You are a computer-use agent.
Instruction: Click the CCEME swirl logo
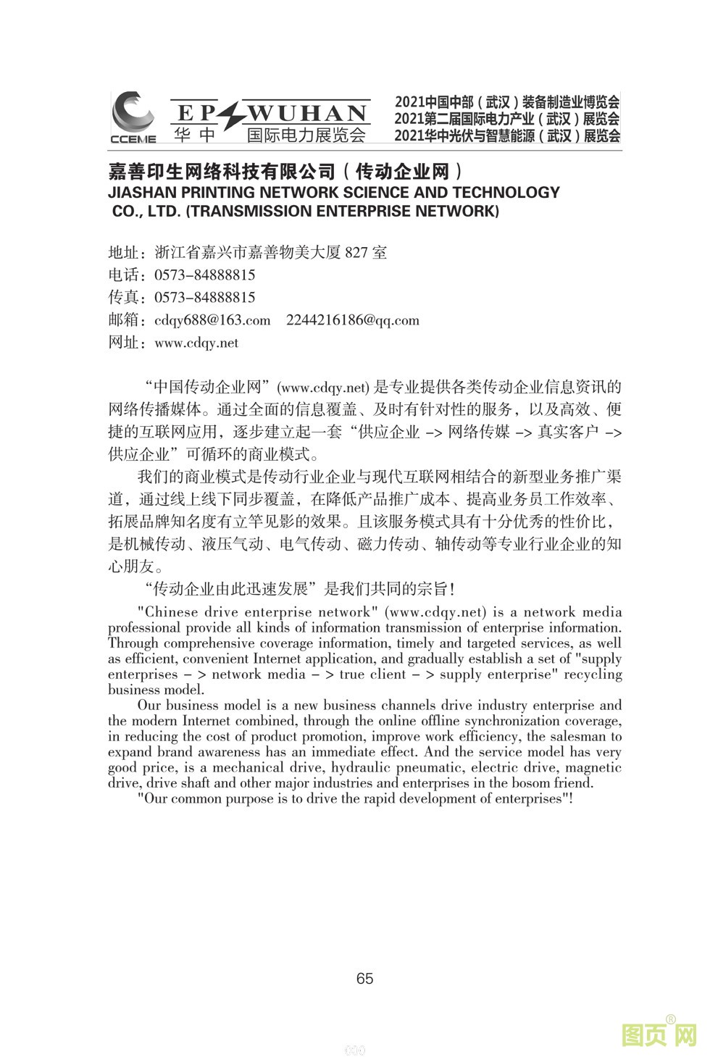point(133,114)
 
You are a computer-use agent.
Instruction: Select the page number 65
point(364,979)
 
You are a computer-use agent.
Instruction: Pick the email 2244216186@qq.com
point(353,320)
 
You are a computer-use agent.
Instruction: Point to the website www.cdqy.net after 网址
point(196,343)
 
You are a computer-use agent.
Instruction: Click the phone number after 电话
point(205,275)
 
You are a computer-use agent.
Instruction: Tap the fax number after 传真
point(205,298)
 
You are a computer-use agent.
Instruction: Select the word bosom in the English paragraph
point(535,783)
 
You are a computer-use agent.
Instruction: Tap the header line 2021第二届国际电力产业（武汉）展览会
point(507,119)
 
